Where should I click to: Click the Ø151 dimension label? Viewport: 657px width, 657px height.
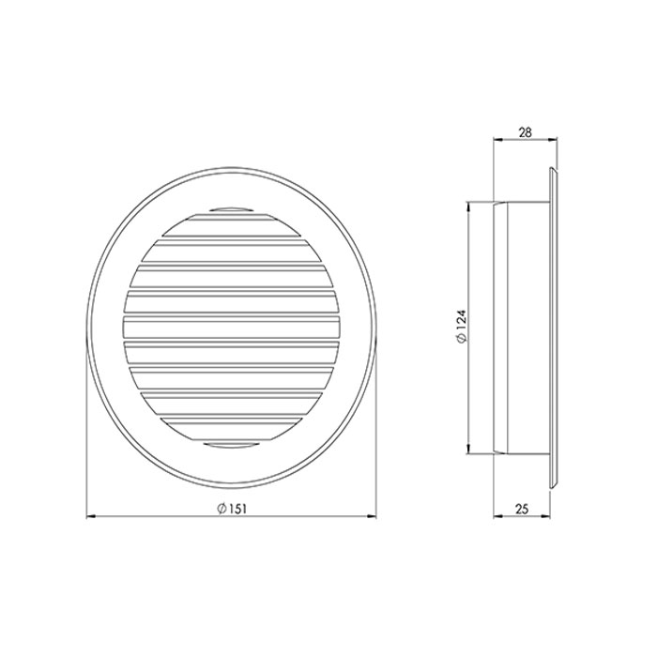[x=232, y=509]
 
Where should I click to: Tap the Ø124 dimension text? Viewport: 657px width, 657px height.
[x=461, y=328]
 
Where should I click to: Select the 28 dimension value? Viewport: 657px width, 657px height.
[x=525, y=133]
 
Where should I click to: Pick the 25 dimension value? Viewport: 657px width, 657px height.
[x=522, y=509]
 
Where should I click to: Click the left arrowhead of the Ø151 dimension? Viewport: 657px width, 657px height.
[x=91, y=518]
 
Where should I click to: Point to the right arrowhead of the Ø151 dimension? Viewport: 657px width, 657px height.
[x=372, y=518]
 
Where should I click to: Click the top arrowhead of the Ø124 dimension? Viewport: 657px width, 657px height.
[x=469, y=207]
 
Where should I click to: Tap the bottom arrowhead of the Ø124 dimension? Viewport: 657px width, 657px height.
[x=469, y=449]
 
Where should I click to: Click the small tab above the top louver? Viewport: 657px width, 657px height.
[x=231, y=209]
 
